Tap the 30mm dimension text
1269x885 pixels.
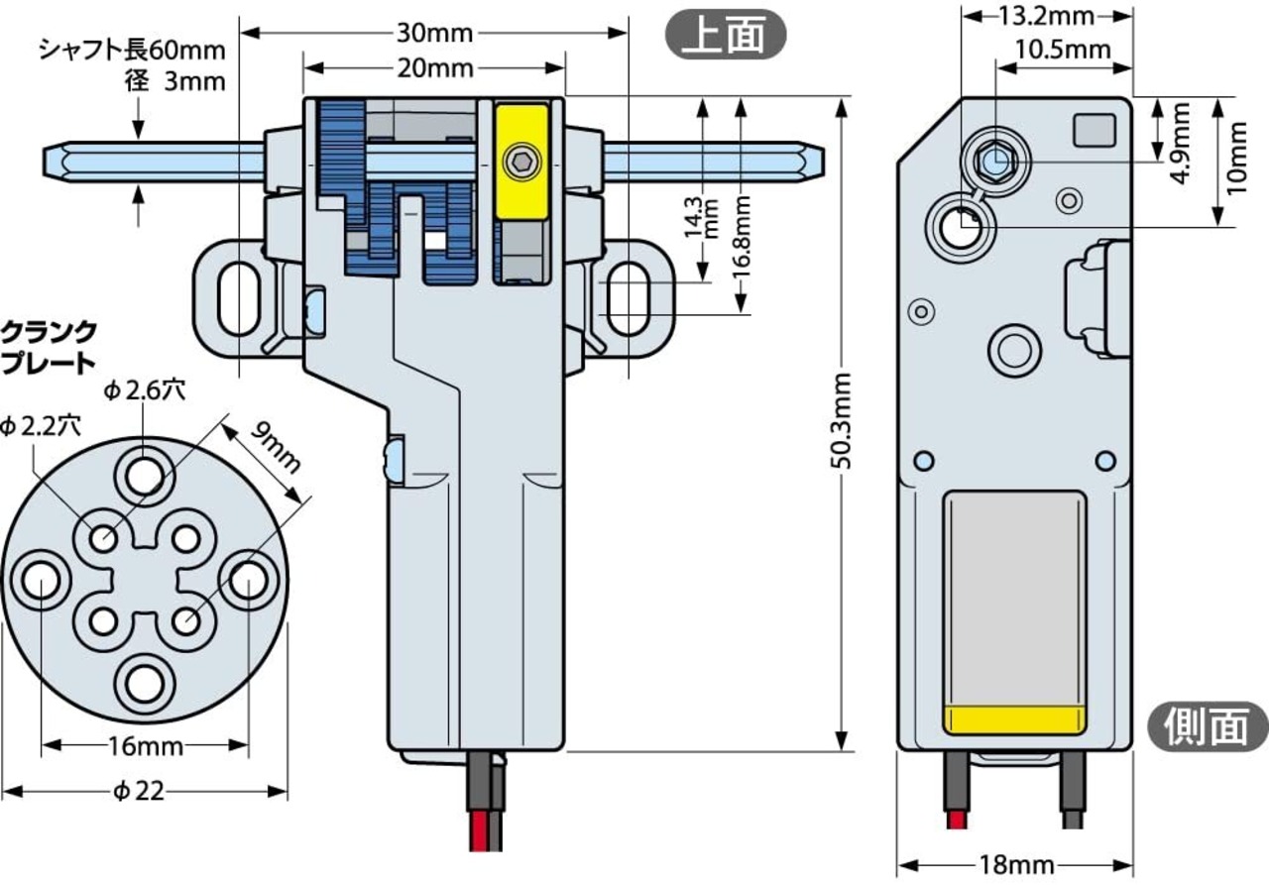433,33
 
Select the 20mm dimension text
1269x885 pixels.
434,68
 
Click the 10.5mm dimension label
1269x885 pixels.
1063,49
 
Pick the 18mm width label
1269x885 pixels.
1014,865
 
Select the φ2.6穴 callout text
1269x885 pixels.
143,390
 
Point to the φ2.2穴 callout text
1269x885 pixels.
41,426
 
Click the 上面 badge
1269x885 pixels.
725,35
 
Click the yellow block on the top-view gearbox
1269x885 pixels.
522,159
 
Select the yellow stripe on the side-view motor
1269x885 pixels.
1014,719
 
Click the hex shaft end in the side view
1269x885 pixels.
994,159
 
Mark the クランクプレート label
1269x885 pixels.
49,346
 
